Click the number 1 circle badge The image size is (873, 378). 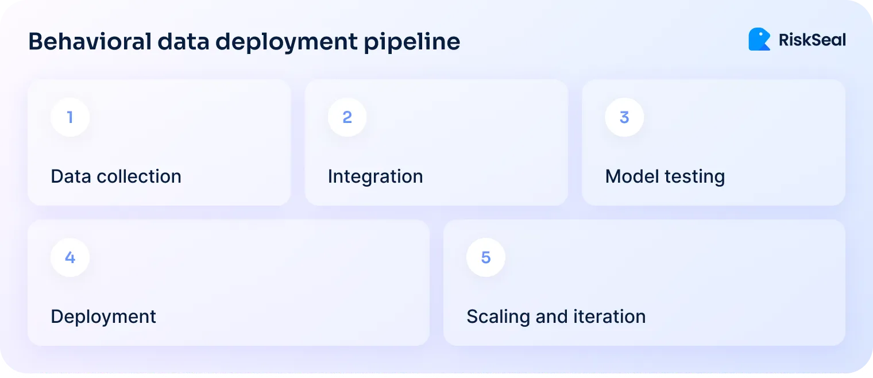[x=70, y=117]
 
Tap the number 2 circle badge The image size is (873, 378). [x=347, y=117]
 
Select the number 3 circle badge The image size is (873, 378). [x=624, y=117]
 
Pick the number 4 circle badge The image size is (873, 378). [x=70, y=257]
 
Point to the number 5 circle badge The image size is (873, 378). [x=486, y=257]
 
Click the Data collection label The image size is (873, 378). [x=116, y=176]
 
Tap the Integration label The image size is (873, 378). [x=375, y=176]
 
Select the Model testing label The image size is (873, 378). [x=665, y=176]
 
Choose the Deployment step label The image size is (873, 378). [x=103, y=317]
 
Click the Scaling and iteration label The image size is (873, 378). [x=556, y=317]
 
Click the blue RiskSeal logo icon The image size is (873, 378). [x=759, y=39]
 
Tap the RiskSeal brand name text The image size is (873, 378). [x=812, y=40]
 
